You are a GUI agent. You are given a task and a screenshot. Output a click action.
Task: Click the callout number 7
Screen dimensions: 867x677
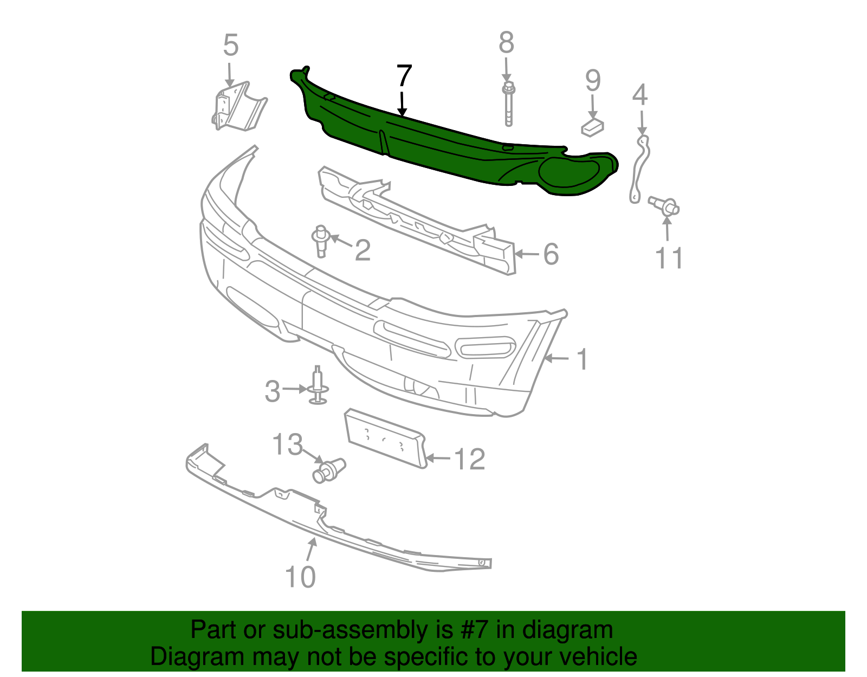(x=404, y=75)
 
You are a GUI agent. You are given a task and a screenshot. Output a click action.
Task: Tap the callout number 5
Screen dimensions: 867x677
(x=231, y=44)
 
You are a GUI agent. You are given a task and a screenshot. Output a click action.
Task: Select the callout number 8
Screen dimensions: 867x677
(x=506, y=42)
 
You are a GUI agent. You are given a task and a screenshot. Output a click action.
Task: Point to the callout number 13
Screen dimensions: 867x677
(x=287, y=444)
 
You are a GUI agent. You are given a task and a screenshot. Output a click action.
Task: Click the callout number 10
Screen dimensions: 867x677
(x=300, y=577)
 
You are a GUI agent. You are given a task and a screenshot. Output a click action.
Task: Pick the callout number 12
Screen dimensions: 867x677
(x=470, y=459)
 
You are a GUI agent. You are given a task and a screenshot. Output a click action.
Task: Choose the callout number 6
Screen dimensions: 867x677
(x=551, y=254)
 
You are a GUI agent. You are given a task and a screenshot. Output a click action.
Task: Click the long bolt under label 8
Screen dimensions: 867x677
(x=508, y=105)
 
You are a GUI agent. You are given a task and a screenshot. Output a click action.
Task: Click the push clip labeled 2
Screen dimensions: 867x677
(x=321, y=241)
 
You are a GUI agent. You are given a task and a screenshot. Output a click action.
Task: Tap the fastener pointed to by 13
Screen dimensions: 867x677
(x=329, y=470)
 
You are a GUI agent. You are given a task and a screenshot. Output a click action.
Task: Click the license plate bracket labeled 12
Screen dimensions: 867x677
(x=385, y=437)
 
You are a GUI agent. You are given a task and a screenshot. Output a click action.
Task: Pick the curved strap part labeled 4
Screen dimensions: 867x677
(x=639, y=169)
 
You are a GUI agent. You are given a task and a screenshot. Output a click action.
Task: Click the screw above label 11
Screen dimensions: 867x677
(x=664, y=207)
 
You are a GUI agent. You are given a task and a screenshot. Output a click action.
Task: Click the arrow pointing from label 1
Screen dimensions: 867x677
(x=557, y=359)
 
